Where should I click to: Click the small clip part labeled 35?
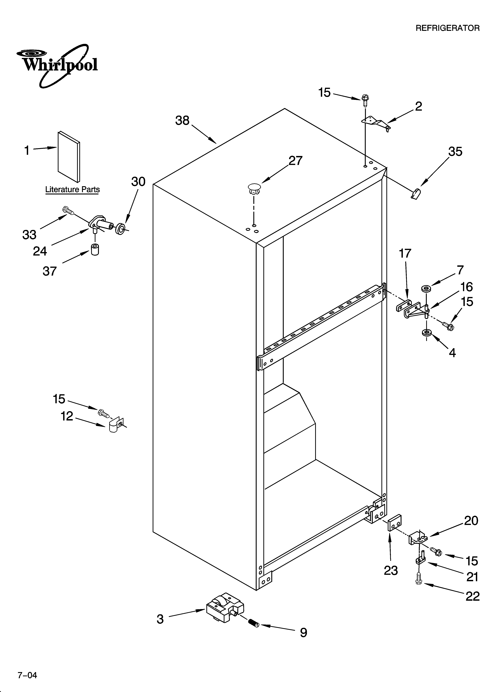(x=415, y=193)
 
